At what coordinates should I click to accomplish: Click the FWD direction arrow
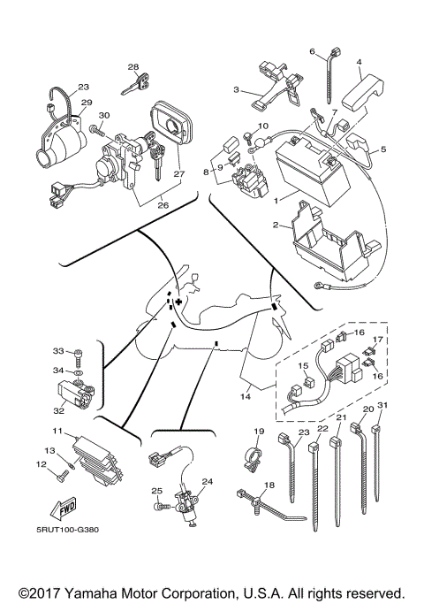pos(63,508)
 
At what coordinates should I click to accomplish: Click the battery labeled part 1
pos(313,171)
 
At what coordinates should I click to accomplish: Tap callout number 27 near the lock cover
pos(178,173)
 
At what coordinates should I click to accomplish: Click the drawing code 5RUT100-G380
pos(67,530)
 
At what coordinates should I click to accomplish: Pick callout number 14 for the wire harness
pos(246,395)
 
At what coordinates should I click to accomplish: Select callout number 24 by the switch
pos(208,481)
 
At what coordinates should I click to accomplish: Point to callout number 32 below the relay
pos(58,411)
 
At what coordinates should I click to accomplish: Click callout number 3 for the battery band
pos(236,89)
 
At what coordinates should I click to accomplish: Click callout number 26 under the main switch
pos(163,205)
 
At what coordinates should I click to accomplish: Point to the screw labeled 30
pos(97,131)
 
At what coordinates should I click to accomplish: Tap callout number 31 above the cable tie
pos(382,405)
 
